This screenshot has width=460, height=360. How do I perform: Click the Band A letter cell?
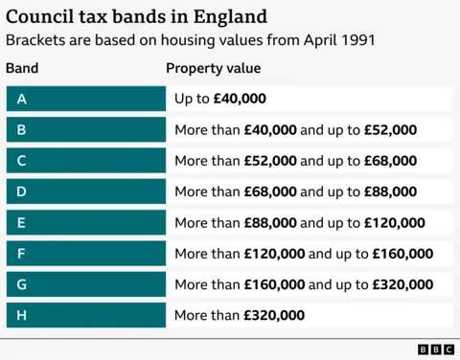tap(85, 99)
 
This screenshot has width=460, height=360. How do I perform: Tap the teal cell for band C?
tap(85, 161)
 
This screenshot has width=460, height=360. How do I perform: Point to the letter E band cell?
tap(85, 222)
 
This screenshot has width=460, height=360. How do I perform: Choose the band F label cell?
tap(85, 254)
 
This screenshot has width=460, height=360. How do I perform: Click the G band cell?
tap(85, 284)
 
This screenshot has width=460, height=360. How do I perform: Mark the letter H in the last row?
tap(21, 315)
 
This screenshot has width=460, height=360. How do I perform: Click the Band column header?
tap(22, 69)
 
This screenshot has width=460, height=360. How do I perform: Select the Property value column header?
tap(213, 69)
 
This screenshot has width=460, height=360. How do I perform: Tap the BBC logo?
tap(435, 349)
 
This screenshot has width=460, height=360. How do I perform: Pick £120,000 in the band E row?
tap(395, 222)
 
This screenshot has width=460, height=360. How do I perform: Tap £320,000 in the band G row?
tap(402, 284)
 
